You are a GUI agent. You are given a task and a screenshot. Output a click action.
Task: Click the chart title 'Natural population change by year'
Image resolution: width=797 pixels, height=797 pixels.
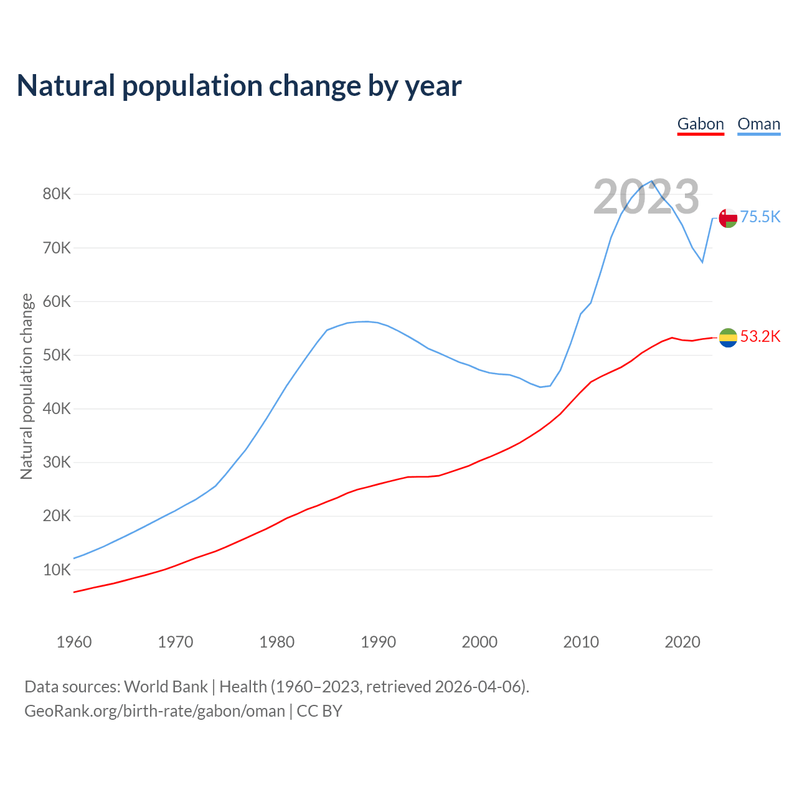coord(239,86)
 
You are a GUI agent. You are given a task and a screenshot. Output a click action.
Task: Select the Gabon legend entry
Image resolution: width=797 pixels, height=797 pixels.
coord(700,124)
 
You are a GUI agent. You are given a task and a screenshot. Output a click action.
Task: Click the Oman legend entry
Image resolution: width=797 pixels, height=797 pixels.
coord(758,124)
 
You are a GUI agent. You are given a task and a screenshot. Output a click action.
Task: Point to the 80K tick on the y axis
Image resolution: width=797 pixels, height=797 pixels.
coord(57,194)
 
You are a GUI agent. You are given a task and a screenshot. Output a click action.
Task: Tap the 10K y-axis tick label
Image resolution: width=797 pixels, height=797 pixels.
coord(57,570)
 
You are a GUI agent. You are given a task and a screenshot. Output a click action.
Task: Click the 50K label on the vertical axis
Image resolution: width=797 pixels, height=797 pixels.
coord(57,356)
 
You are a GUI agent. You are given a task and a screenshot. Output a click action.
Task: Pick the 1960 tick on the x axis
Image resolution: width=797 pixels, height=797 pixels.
coord(74,642)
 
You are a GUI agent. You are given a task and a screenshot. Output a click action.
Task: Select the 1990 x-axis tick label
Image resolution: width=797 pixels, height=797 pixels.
coord(379,642)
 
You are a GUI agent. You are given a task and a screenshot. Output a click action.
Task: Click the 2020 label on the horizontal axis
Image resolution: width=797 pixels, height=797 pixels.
coord(682,642)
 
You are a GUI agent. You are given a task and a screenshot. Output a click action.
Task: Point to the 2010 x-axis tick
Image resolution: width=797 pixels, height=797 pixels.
coord(581,642)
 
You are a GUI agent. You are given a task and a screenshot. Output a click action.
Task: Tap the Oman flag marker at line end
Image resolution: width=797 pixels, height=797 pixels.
coord(728,218)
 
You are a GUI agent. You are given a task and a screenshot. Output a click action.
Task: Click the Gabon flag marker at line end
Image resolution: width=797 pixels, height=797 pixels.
coord(728,337)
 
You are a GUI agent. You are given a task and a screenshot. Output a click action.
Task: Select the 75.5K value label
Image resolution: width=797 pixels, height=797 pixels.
coord(760,217)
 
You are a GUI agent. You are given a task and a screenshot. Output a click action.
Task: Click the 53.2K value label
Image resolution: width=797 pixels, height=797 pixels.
coord(760,337)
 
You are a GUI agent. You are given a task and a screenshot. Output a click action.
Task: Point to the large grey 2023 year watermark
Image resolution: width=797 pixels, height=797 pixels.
coord(646,197)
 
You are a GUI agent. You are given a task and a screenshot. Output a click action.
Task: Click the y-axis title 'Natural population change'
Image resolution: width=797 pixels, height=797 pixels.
coord(26,386)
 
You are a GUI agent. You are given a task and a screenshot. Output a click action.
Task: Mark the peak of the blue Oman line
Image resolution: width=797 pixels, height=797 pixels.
coord(652,181)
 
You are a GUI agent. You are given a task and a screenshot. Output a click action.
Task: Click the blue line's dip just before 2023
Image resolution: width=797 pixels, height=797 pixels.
coord(702,262)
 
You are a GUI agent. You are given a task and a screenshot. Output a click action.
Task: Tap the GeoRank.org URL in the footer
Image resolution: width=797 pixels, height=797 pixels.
coord(154,711)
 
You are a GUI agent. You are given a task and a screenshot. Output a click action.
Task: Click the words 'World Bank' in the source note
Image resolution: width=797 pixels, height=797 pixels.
coord(166,687)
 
